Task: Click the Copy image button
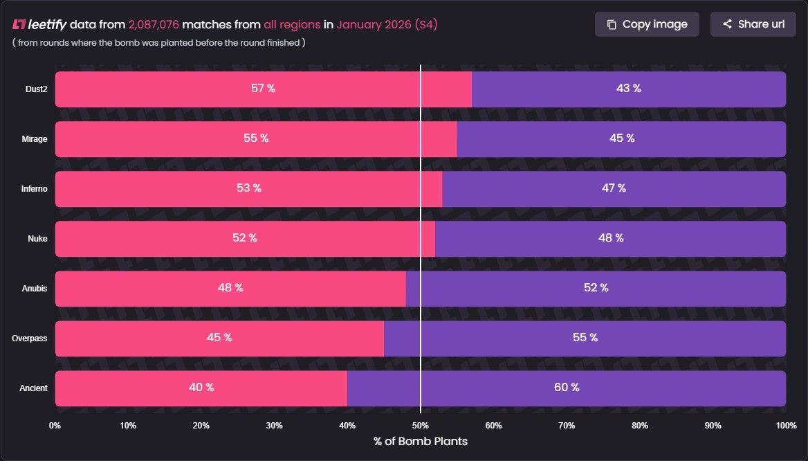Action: [x=647, y=24]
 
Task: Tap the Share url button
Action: [x=753, y=24]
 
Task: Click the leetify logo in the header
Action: [x=39, y=24]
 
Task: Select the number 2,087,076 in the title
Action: [x=154, y=24]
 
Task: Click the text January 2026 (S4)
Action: [x=387, y=24]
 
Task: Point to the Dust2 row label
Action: [x=35, y=89]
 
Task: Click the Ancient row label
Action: [x=33, y=388]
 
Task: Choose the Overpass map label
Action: [x=30, y=338]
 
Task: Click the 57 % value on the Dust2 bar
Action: [x=263, y=89]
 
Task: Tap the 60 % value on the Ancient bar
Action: [x=567, y=388]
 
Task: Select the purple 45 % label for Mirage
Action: [x=621, y=138]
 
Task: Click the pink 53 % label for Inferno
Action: [x=248, y=188]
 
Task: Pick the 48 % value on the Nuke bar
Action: [x=610, y=238]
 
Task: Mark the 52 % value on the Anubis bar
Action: [x=596, y=288]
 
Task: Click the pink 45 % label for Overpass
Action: [x=219, y=338]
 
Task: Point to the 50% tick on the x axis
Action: [x=420, y=425]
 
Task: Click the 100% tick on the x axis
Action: [x=786, y=425]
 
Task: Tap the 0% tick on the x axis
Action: [x=55, y=425]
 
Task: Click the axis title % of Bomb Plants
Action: [x=420, y=442]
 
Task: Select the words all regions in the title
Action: [x=292, y=24]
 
